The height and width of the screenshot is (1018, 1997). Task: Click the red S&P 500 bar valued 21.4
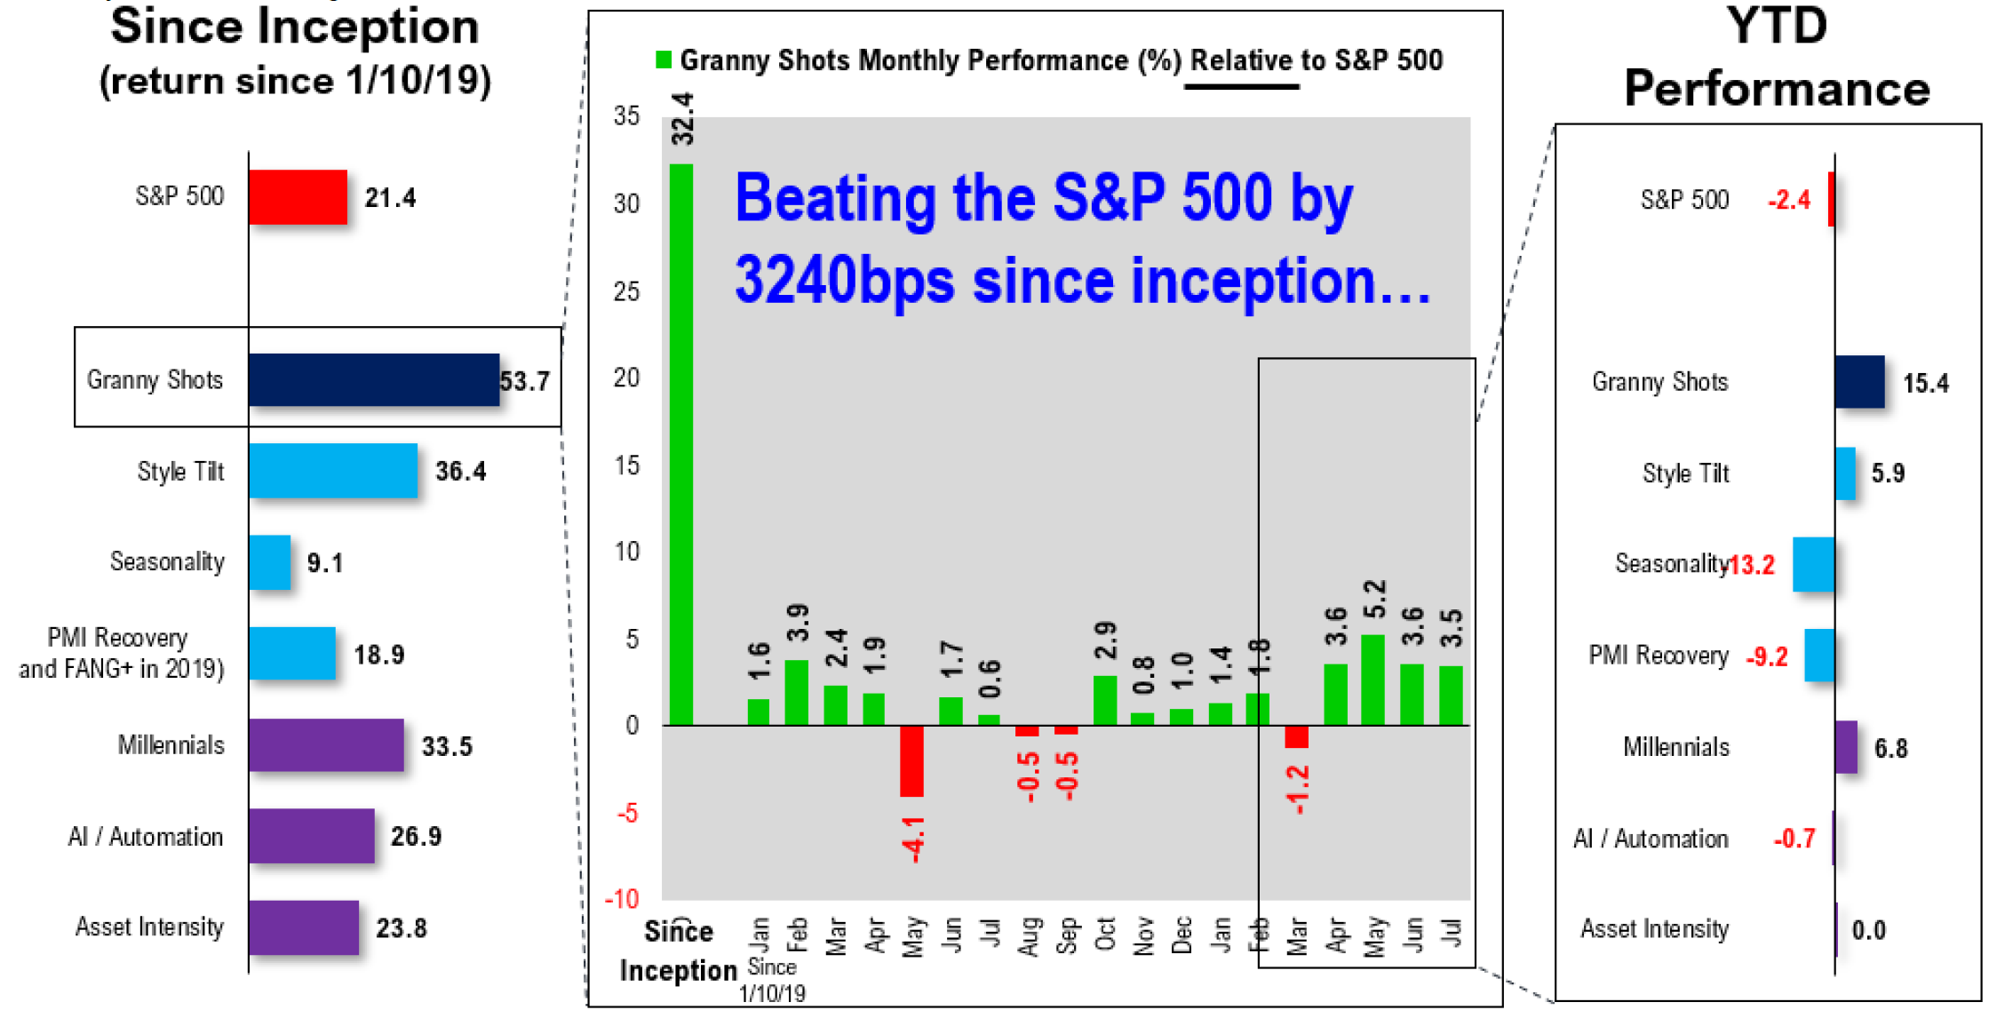pyautogui.click(x=298, y=197)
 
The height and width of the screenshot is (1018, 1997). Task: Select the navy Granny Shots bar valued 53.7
pyautogui.click(x=373, y=380)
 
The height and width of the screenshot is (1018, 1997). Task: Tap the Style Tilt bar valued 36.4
pyautogui.click(x=332, y=471)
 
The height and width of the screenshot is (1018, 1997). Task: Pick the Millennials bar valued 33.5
pyautogui.click(x=325, y=745)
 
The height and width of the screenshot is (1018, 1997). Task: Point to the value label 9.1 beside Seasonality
pyautogui.click(x=324, y=563)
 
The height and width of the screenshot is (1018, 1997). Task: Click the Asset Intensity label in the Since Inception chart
pyautogui.click(x=149, y=927)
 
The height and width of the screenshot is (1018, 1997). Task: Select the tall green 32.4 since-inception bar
pyautogui.click(x=681, y=444)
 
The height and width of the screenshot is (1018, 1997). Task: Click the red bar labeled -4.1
pyautogui.click(x=911, y=761)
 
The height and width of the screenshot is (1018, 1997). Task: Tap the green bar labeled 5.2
pyautogui.click(x=1373, y=680)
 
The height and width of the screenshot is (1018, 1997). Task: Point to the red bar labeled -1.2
pyautogui.click(x=1296, y=736)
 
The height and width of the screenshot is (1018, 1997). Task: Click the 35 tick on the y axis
pyautogui.click(x=626, y=116)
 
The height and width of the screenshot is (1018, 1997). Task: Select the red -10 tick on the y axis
pyautogui.click(x=623, y=899)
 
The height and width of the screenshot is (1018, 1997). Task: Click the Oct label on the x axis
pyautogui.click(x=1104, y=934)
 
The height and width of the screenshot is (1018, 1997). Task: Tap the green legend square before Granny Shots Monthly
pyautogui.click(x=663, y=60)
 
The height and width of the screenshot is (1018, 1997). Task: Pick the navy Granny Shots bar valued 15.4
pyautogui.click(x=1859, y=382)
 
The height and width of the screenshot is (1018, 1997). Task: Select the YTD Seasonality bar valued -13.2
pyautogui.click(x=1813, y=564)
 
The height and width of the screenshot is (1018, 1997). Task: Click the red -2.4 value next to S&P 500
pyautogui.click(x=1788, y=200)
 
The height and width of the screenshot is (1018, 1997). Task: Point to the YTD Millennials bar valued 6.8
pyautogui.click(x=1846, y=747)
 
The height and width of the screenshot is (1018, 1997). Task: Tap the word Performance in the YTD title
pyautogui.click(x=1777, y=89)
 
